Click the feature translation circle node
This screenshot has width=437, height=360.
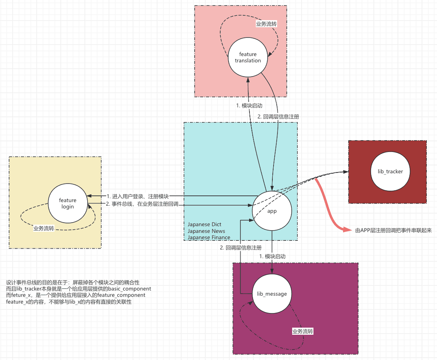tap(248, 57)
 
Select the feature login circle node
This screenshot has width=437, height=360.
tap(68, 203)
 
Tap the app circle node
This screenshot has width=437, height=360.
tap(272, 211)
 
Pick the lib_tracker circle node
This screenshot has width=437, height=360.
tap(390, 171)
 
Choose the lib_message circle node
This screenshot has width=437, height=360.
tap(272, 294)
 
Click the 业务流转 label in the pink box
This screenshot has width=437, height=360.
tap(266, 24)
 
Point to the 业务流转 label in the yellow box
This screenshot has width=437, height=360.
tap(44, 229)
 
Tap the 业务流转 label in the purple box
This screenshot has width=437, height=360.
tap(303, 331)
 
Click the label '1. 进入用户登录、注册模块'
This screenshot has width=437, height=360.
tap(138, 197)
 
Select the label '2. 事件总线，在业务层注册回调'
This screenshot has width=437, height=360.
tap(142, 204)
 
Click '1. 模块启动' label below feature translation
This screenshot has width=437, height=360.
tap(249, 106)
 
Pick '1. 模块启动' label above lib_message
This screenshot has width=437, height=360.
tap(272, 256)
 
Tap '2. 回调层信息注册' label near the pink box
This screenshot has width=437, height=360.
tap(278, 117)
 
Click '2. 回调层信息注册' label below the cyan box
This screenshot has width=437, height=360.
tap(241, 248)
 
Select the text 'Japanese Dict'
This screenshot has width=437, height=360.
tap(204, 224)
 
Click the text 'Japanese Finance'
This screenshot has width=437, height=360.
tap(209, 237)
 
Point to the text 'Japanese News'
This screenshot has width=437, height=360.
tap(206, 231)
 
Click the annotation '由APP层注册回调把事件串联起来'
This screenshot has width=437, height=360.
tap(394, 231)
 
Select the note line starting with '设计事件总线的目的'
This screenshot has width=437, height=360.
tap(73, 283)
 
